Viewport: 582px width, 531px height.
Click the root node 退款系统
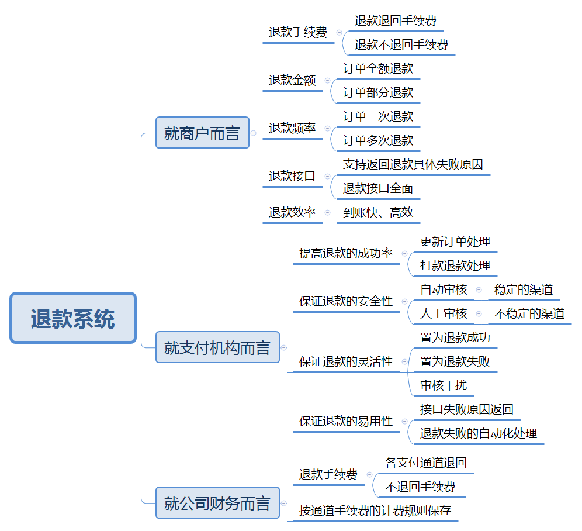tap(73, 318)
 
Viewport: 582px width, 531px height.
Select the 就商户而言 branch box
tap(202, 133)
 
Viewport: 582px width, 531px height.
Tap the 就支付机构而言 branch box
tap(217, 347)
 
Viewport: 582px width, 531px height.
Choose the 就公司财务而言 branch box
tap(217, 503)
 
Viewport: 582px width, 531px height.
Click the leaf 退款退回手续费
tap(396, 20)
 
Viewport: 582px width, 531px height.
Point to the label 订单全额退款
tap(378, 68)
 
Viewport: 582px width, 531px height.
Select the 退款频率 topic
tap(292, 128)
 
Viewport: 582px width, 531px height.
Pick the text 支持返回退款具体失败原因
tap(413, 164)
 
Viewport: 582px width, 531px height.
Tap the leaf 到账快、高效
tap(378, 212)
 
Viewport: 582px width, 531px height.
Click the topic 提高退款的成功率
tap(346, 253)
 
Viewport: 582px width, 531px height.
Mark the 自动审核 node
tap(444, 289)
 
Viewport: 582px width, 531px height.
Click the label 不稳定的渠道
tap(529, 313)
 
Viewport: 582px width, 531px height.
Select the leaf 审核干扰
tap(444, 385)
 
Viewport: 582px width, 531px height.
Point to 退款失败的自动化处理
tap(479, 433)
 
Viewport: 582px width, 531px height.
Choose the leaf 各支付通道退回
tap(426, 463)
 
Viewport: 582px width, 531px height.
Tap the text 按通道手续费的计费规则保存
tap(375, 511)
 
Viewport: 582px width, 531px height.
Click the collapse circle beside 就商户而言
tap(254, 133)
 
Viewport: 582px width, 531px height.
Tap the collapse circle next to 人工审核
tap(479, 314)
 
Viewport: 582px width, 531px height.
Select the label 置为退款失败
tap(455, 361)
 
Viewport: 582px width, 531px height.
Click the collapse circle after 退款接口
tap(327, 176)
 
